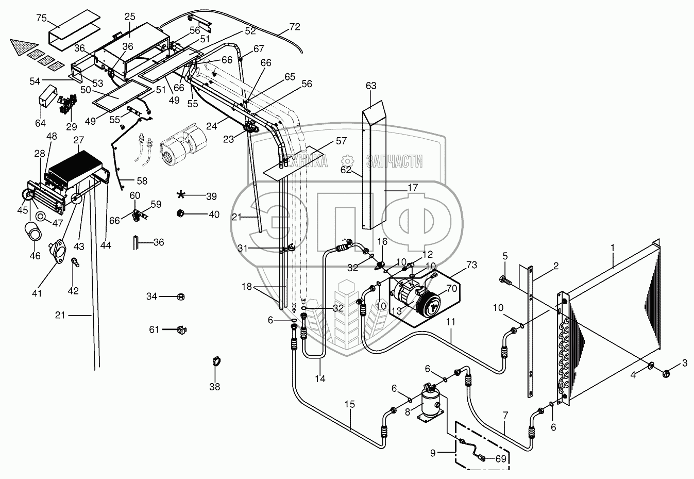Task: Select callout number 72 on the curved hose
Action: pos(294,26)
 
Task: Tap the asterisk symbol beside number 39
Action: pos(181,195)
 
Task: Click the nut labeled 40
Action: pos(181,213)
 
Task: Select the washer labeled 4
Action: pos(651,366)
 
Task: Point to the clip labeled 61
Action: pos(181,328)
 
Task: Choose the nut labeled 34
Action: pos(181,297)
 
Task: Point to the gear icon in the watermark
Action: pos(347,161)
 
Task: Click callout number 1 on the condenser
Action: pos(613,247)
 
